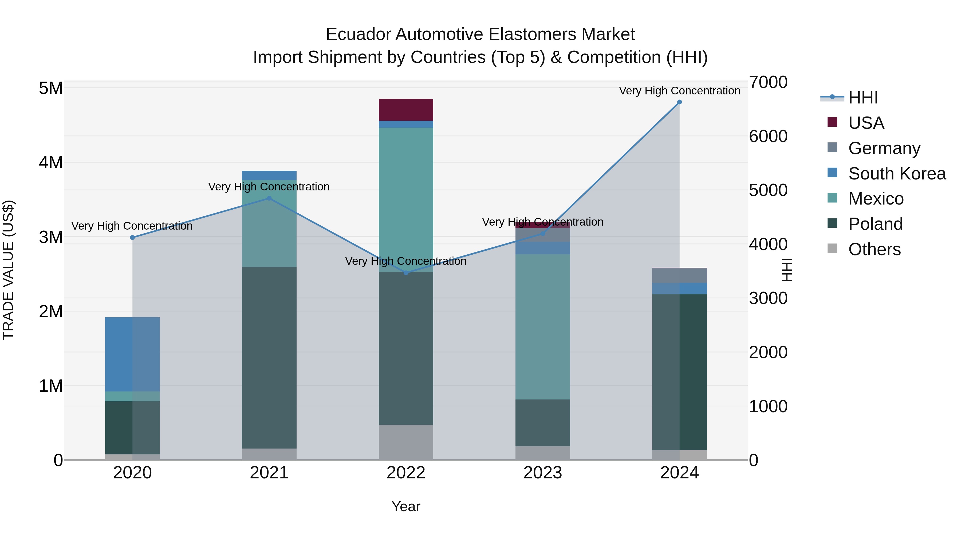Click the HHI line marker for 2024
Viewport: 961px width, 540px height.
679,102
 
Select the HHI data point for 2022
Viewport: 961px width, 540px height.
406,273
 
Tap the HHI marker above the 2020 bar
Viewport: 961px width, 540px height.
132,237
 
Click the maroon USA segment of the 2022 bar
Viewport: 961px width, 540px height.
406,110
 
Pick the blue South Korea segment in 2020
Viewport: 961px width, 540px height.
132,354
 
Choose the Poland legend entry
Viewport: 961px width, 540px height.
875,224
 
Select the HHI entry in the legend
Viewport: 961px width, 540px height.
862,98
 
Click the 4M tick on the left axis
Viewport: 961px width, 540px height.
51,162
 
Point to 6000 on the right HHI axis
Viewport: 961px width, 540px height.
768,136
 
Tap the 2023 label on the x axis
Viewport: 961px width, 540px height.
543,473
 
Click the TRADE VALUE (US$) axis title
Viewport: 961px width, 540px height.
8,270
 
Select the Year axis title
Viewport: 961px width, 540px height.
406,506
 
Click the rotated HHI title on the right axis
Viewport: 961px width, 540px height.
787,270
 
